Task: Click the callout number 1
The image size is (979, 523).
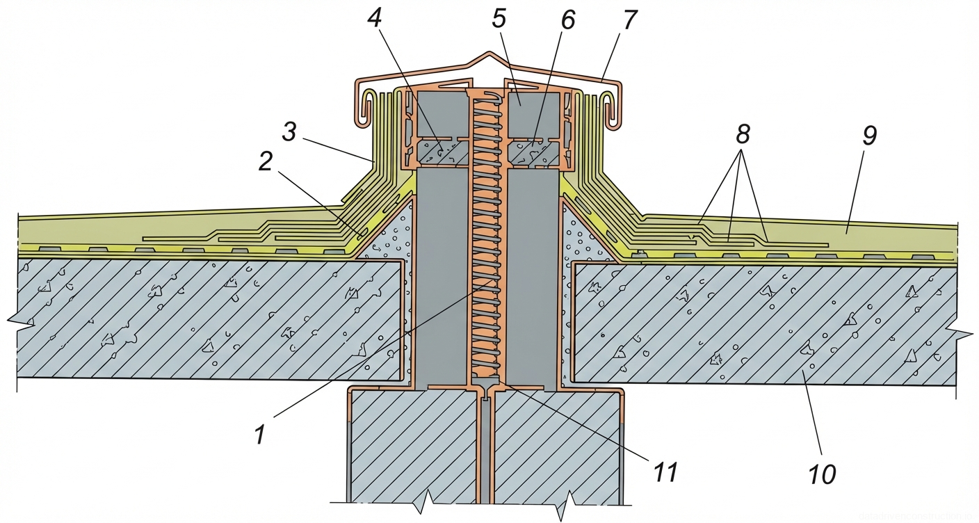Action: point(259,435)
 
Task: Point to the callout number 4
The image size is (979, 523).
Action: point(375,19)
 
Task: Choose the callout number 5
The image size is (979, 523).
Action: point(498,19)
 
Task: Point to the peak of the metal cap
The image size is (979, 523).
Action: point(489,54)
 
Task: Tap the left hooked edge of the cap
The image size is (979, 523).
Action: point(364,104)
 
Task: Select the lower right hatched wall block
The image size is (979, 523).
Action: point(556,445)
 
